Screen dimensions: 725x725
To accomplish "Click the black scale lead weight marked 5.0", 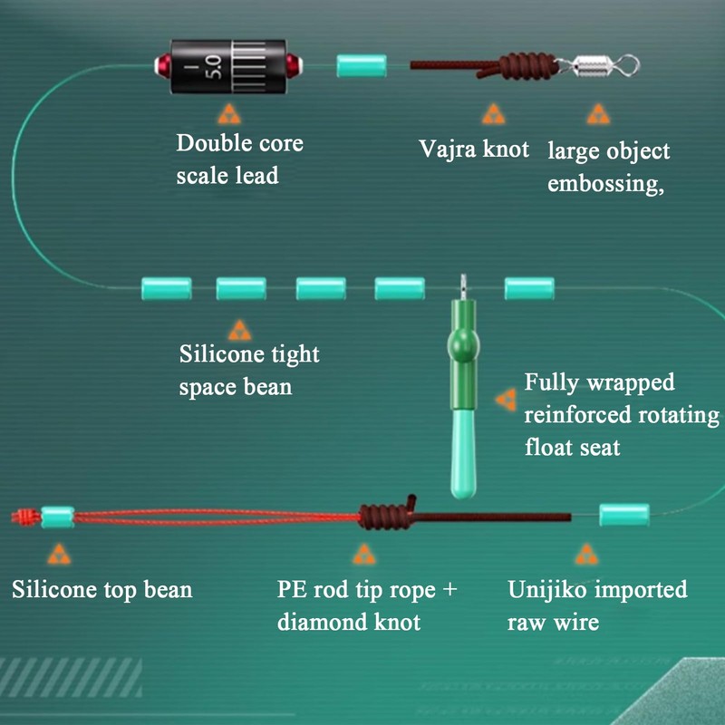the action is pos(228,66).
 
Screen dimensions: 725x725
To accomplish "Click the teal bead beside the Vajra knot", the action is pos(361,65).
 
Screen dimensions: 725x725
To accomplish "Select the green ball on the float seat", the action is pos(463,346).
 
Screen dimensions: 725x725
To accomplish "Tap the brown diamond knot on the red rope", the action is pos(386,516).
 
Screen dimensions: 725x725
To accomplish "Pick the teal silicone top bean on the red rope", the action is pos(58,517).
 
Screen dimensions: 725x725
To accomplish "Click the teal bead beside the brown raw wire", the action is pos(624,515).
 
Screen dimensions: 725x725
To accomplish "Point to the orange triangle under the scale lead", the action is pos(229,115).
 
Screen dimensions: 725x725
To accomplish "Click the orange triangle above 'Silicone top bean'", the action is pos(59,555).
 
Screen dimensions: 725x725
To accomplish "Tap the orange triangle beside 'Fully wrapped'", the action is pos(506,400).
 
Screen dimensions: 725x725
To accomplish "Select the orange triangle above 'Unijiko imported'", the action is pos(586,555).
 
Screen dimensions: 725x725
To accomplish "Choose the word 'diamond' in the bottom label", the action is pos(322,622).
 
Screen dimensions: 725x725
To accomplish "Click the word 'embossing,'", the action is pos(605,184).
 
